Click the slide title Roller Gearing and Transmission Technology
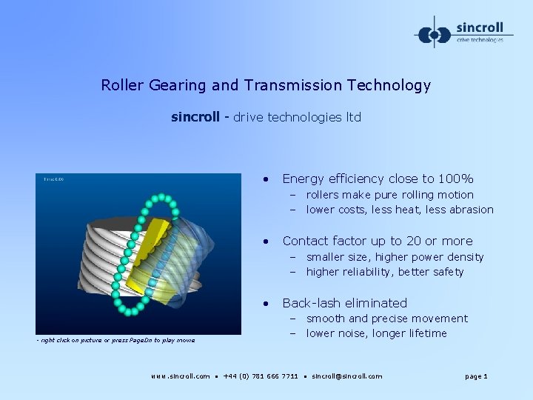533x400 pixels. (266, 85)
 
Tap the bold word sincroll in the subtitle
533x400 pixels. (195, 117)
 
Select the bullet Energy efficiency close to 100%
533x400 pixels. (378, 179)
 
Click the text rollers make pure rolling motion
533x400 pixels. (389, 195)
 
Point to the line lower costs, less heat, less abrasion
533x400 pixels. (399, 210)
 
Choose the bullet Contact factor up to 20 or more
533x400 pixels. (377, 241)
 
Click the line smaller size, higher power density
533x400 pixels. (395, 257)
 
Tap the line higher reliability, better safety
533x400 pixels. (384, 272)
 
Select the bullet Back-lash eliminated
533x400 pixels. (344, 303)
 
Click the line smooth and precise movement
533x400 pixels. (386, 319)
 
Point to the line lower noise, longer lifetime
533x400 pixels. (376, 333)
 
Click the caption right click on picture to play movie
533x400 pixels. (115, 340)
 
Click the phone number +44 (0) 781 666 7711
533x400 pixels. (261, 376)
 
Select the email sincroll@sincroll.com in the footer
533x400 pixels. (346, 376)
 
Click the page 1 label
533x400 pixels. (476, 376)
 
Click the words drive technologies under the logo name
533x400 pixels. (480, 40)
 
